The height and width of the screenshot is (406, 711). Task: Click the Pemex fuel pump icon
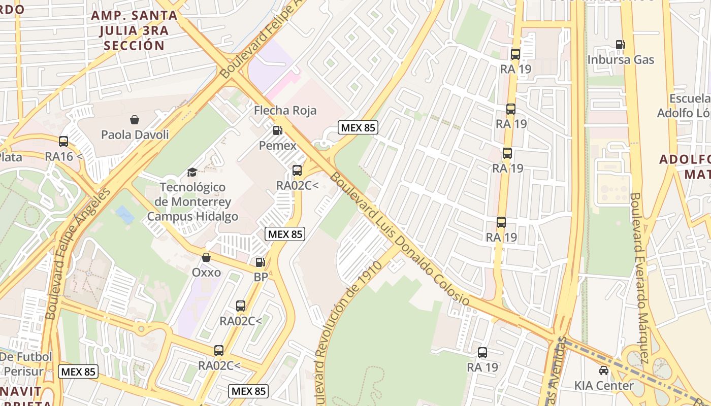[x=277, y=130]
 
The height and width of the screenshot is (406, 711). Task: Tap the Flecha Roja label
[x=285, y=110]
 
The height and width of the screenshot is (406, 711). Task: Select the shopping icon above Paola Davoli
[x=135, y=120]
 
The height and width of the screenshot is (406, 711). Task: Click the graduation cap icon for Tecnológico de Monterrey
[x=192, y=173]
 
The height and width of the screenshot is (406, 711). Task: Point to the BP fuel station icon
[x=260, y=262]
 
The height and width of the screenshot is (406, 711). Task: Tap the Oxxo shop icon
[x=206, y=257]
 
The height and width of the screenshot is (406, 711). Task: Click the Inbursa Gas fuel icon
[x=620, y=45]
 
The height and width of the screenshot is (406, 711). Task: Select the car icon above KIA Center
[x=604, y=370]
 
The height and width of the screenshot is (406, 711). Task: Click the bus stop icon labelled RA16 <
[x=63, y=142]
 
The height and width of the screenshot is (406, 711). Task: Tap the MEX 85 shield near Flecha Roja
[x=358, y=127]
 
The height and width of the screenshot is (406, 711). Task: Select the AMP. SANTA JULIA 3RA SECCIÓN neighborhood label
[x=135, y=30]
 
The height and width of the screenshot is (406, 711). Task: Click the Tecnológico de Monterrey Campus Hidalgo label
[x=192, y=202]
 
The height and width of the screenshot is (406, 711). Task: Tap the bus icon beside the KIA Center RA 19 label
[x=482, y=352]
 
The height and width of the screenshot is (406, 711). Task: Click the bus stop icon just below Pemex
[x=297, y=171]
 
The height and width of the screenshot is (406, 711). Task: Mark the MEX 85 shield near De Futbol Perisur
[x=78, y=371]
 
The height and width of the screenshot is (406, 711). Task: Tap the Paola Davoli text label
[x=135, y=134]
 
